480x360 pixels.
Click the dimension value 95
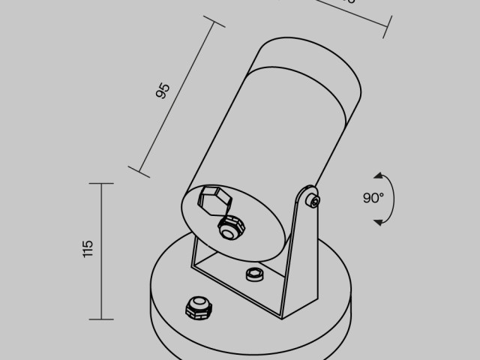[x=163, y=91]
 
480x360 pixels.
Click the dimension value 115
[x=88, y=249]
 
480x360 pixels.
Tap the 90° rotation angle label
[x=373, y=198]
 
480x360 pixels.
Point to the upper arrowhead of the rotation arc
[x=379, y=175]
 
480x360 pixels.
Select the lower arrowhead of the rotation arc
[x=379, y=221]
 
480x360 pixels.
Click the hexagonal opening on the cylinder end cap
[x=214, y=200]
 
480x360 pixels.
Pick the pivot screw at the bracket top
[x=313, y=199]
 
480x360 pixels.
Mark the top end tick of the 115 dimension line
[x=101, y=183]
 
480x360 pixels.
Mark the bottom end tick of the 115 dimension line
[x=101, y=318]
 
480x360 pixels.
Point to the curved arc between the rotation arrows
[x=394, y=198]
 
